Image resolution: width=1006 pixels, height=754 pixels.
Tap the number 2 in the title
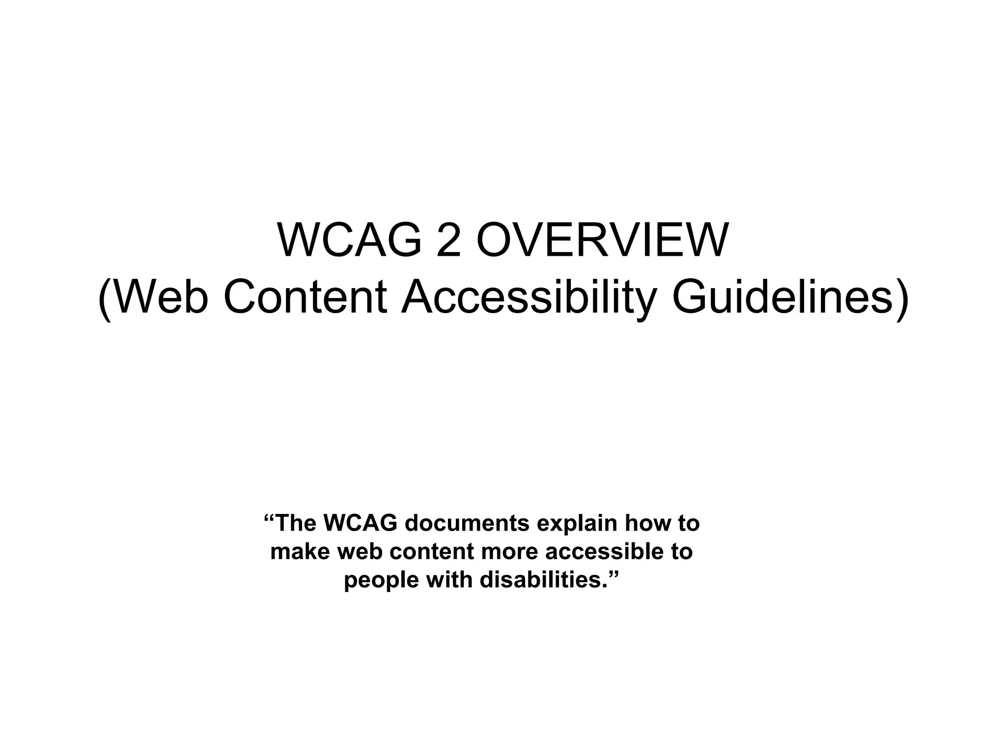click(x=448, y=240)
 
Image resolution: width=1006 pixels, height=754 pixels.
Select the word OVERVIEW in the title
click(x=602, y=240)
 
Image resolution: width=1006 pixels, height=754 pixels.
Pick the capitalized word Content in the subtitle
click(x=305, y=298)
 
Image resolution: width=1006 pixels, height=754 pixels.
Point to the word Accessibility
click(x=529, y=298)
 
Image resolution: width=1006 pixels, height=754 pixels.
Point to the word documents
click(x=467, y=523)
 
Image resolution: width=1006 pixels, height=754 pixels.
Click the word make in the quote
click(x=299, y=552)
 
